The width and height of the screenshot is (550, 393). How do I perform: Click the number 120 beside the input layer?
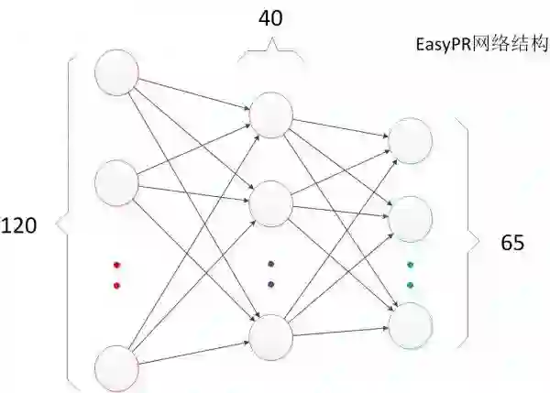18,225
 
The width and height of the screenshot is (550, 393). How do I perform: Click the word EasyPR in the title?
441,43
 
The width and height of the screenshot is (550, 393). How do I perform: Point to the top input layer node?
117,71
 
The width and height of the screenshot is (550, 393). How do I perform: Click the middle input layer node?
117,180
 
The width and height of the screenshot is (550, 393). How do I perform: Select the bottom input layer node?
117,367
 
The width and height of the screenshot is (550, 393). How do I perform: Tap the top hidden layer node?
270,113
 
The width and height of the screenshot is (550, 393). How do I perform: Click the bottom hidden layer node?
270,336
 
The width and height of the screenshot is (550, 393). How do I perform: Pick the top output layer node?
410,138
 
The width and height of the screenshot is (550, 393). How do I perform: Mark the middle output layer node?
410,217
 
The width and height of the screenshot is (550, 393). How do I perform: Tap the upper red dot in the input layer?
116,266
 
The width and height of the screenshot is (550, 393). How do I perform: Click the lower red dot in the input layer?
116,285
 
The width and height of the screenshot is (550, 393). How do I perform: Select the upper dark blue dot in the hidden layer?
270,264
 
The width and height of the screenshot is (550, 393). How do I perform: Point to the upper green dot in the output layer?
410,265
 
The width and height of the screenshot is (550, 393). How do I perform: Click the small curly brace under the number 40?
269,55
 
